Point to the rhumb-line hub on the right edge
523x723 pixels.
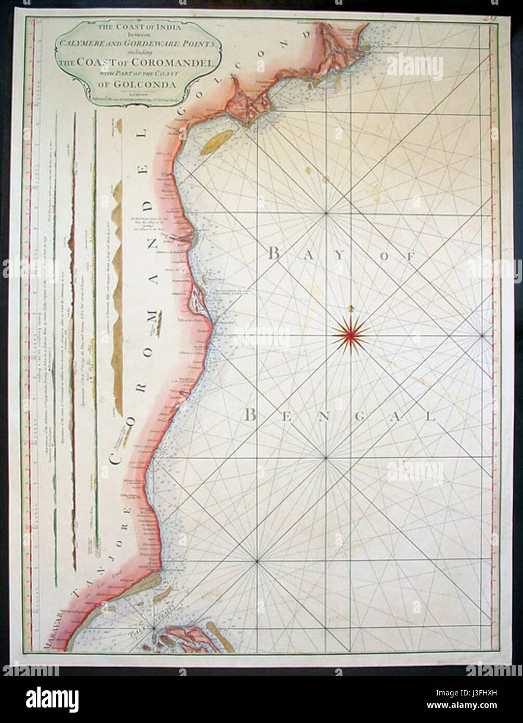482,337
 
